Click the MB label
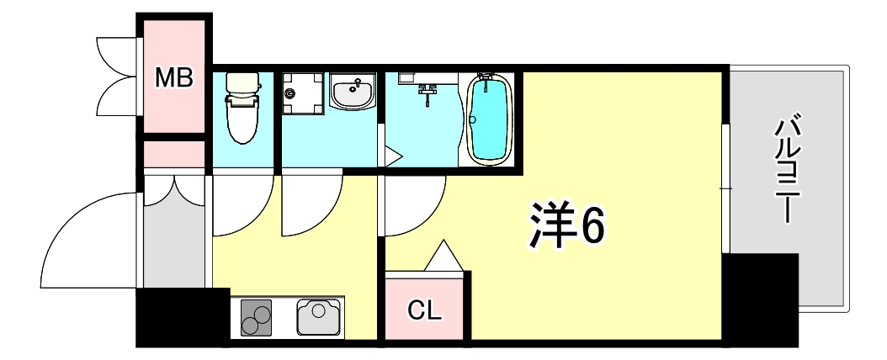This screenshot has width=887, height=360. [x=174, y=78]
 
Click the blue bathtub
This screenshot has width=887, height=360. [x=489, y=119]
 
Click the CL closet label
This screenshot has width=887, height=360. [x=425, y=310]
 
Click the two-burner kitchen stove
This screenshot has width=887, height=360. [x=257, y=316]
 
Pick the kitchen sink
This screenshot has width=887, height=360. [x=317, y=316]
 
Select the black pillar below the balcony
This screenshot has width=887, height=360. [x=759, y=299]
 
